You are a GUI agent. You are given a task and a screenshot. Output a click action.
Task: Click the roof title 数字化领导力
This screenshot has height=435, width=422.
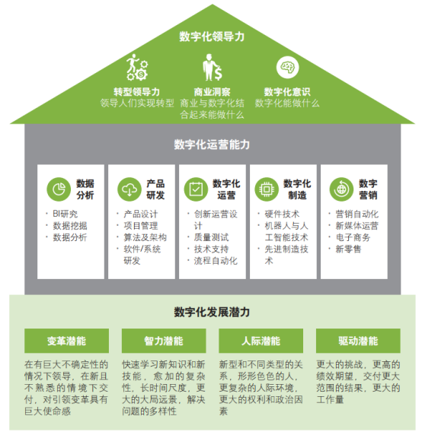pyautogui.click(x=212, y=37)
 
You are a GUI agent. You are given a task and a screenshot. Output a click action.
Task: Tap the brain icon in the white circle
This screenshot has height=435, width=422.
pyautogui.click(x=287, y=67)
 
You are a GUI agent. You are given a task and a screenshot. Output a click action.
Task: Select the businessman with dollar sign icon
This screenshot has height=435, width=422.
pyautogui.click(x=212, y=67)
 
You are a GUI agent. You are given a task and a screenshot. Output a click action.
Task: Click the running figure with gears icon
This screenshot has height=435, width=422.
pyautogui.click(x=137, y=67)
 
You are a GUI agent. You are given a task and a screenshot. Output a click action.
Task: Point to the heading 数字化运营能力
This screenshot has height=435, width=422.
pyautogui.click(x=212, y=144)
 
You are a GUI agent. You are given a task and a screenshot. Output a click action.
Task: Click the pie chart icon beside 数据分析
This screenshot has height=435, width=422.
pyautogui.click(x=59, y=189)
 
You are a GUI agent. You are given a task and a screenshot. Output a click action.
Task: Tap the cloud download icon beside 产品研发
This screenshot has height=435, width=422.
pyautogui.click(x=129, y=189)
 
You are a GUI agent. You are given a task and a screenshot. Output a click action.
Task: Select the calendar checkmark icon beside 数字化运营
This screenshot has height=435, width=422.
pyautogui.click(x=196, y=189)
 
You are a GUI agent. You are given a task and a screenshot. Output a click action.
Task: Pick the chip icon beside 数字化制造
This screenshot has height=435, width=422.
pyautogui.click(x=267, y=189)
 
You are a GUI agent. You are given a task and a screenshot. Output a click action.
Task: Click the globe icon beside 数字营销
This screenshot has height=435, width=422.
pyautogui.click(x=341, y=189)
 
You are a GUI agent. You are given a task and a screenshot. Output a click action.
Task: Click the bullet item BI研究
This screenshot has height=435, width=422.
pyautogui.click(x=65, y=214)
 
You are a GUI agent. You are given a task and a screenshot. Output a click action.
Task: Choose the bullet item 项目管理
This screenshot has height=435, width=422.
pyautogui.click(x=141, y=226)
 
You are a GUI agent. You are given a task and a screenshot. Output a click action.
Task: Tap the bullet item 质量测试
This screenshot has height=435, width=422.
pyautogui.click(x=211, y=237)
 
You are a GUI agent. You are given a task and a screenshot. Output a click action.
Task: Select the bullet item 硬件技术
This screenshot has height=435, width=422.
pyautogui.click(x=282, y=214)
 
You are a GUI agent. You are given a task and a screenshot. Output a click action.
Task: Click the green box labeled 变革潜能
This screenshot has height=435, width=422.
pyautogui.click(x=67, y=341)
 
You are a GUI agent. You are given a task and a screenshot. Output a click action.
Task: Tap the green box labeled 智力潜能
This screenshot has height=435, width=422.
pyautogui.click(x=164, y=341)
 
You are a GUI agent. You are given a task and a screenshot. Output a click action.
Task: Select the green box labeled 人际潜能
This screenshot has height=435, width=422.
pyautogui.click(x=261, y=341)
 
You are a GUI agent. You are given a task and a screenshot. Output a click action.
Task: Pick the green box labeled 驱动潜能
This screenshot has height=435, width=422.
pyautogui.click(x=358, y=341)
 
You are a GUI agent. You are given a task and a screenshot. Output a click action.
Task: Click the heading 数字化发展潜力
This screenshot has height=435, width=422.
pyautogui.click(x=212, y=312)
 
